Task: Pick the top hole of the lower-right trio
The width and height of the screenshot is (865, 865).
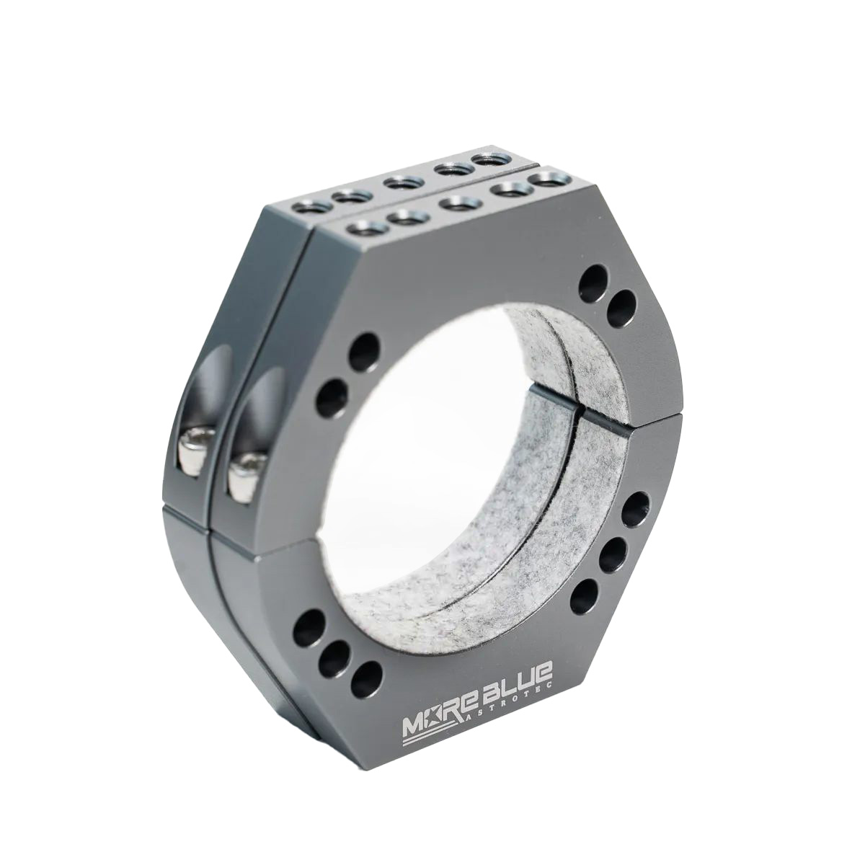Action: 634,507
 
